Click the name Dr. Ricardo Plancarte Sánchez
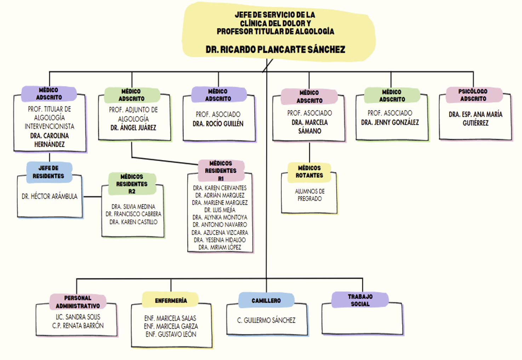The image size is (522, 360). [x=275, y=49]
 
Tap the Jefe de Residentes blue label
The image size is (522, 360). [x=49, y=172]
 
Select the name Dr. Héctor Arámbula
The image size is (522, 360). [x=50, y=196]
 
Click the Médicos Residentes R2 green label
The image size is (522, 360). [x=132, y=184]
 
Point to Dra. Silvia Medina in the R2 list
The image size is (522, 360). [x=133, y=206]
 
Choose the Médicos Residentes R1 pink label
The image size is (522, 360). [x=221, y=171]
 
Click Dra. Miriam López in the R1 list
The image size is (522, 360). [x=220, y=247]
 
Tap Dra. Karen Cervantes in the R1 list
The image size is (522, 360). [x=220, y=188]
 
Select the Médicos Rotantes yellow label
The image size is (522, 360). [x=309, y=172]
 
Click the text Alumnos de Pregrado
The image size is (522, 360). [x=310, y=195]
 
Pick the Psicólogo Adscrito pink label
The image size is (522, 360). [x=473, y=95]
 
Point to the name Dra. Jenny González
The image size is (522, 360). [x=390, y=122]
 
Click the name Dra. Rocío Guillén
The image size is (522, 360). [x=218, y=124]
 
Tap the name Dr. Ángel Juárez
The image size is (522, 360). [x=133, y=128]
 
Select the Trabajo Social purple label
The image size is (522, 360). [x=360, y=300]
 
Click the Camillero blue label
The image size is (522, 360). [x=266, y=301]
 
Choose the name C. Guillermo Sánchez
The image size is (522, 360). [x=266, y=320]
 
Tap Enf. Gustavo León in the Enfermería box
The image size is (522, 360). [x=171, y=335]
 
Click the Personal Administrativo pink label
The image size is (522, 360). [x=78, y=302]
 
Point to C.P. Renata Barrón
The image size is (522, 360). [x=78, y=326]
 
